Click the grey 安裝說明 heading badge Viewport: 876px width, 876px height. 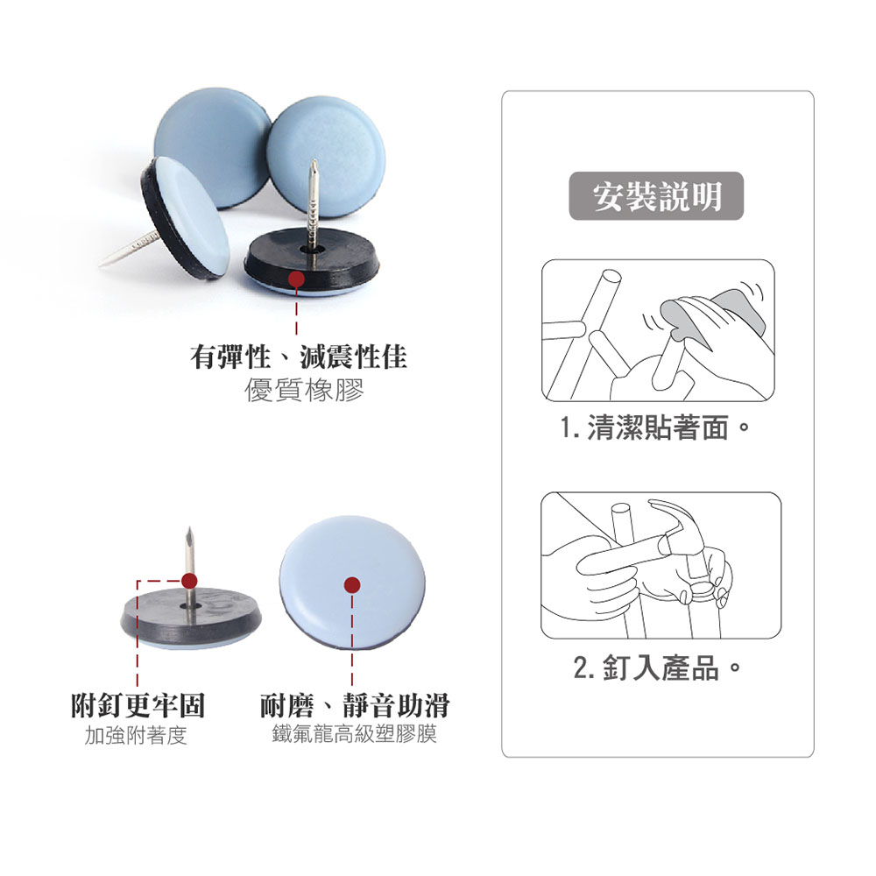coord(656,195)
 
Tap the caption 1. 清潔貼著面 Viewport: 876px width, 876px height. coord(654,428)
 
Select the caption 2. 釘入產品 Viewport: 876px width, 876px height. coord(657,667)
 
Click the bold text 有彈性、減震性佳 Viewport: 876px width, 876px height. coord(299,357)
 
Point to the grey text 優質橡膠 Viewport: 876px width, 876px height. coord(304,390)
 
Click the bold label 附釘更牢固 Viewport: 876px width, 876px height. coord(138,705)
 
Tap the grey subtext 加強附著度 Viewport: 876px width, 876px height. coord(136,735)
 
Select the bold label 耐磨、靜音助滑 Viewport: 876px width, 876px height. coord(355,705)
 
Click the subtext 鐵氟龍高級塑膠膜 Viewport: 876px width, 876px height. coord(354,733)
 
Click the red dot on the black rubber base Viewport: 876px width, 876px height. coord(296,279)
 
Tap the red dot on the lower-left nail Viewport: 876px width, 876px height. coord(189,581)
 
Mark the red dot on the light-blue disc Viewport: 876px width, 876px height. coord(352,585)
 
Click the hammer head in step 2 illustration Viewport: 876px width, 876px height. coord(682,522)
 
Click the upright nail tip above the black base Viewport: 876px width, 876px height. coord(314,161)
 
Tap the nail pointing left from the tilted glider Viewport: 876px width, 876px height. coord(125,251)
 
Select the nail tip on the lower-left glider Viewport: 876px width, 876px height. coord(189,529)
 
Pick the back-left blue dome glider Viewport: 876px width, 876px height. coord(211,145)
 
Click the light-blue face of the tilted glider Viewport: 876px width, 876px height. coord(191,216)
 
